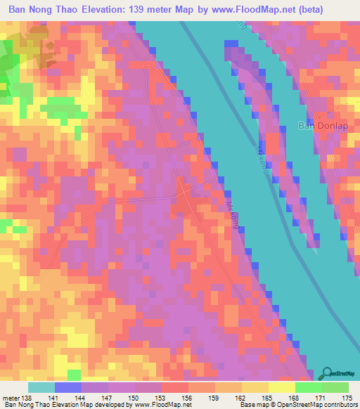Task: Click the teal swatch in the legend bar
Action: [41, 387]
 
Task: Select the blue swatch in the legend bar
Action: [67, 387]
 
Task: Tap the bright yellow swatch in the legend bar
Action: [281, 387]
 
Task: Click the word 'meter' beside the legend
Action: [9, 398]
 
